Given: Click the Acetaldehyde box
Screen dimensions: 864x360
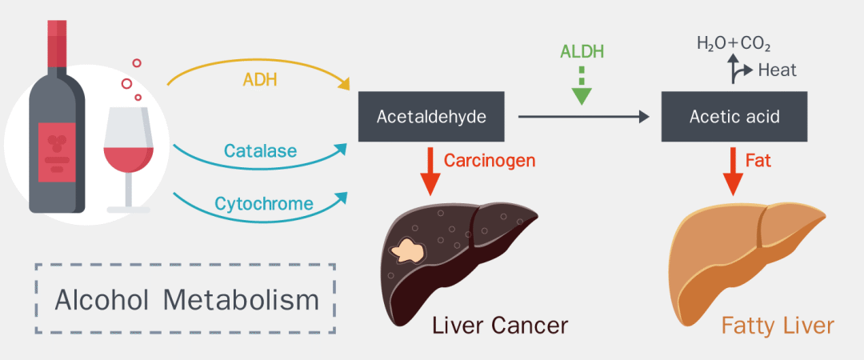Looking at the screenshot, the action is (x=431, y=117).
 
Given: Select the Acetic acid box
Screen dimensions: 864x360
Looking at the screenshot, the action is (x=734, y=117).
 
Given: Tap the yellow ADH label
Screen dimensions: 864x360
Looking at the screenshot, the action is (x=260, y=81).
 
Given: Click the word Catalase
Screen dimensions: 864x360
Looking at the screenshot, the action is (x=261, y=150).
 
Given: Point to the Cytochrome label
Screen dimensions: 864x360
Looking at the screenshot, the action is (x=264, y=203).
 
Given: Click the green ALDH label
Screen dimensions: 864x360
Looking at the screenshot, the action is (x=582, y=51).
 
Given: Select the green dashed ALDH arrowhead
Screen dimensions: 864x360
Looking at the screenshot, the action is (x=582, y=96).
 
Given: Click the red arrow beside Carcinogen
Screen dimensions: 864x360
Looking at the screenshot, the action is (x=430, y=171).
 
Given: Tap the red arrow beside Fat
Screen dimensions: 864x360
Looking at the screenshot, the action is (x=733, y=171).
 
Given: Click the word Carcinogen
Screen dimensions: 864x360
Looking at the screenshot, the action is (x=490, y=161).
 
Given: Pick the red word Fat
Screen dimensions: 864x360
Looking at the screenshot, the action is (x=758, y=161).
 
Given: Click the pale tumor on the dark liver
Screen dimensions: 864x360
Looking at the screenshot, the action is (x=407, y=251).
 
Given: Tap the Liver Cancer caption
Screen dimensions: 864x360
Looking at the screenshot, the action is (x=500, y=326).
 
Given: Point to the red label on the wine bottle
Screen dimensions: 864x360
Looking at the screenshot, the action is (x=57, y=153).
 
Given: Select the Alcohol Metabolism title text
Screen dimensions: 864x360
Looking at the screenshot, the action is (x=186, y=301).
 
